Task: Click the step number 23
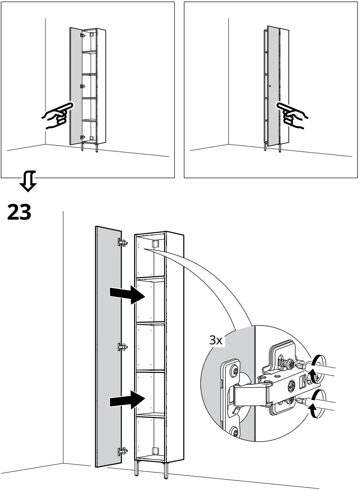(19, 212)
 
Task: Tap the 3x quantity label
(216, 340)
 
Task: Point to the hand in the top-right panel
(292, 115)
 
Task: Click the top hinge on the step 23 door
(122, 242)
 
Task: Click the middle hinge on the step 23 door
(122, 347)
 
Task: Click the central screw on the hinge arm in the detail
(291, 385)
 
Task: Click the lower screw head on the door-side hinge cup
(235, 431)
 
